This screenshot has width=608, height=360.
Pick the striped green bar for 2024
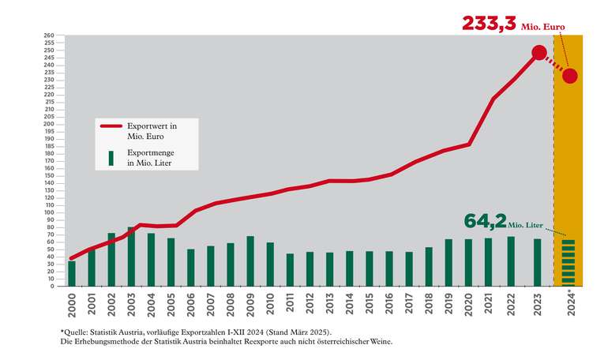[x=569, y=263]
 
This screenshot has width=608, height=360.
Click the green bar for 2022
[x=511, y=261]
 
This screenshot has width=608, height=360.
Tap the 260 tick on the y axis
[x=48, y=36]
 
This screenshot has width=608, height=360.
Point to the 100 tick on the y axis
[x=48, y=212]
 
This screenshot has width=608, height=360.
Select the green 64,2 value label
[x=482, y=220]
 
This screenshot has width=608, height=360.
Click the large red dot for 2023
[x=539, y=53]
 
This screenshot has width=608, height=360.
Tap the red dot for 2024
[x=570, y=76]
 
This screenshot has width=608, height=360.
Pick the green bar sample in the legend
[x=111, y=159]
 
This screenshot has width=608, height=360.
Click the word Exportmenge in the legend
[x=150, y=155]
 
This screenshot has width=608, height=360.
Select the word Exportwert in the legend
[x=148, y=125]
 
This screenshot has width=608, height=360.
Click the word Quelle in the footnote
[x=77, y=333]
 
